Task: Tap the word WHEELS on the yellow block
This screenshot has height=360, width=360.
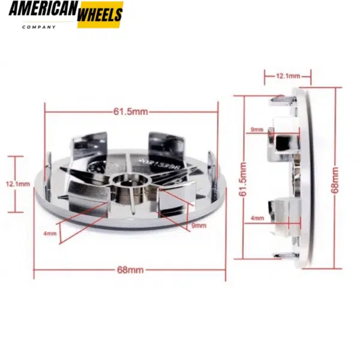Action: [x=100, y=15]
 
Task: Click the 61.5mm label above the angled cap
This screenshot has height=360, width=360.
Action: [x=131, y=112]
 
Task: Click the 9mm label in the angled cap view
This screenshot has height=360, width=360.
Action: [x=199, y=226]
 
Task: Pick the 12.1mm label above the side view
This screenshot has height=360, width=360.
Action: [x=287, y=76]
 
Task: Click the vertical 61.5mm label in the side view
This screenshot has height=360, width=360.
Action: [x=242, y=178]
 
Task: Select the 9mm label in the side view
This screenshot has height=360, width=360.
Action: [x=257, y=129]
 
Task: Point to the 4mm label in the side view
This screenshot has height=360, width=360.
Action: [x=257, y=218]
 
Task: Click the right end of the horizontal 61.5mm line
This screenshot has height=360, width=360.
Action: [x=218, y=112]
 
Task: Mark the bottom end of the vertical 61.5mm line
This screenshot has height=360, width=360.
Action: [x=242, y=259]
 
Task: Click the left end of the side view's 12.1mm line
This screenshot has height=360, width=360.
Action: [x=265, y=76]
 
